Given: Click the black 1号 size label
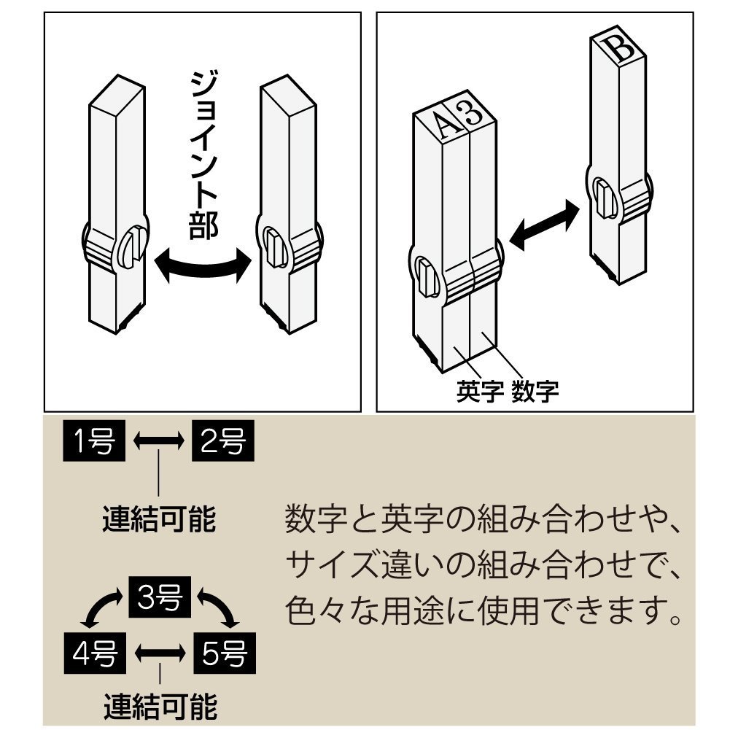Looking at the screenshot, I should [95, 440].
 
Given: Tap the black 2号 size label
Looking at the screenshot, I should [222, 440].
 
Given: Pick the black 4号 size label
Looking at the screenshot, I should [95, 651].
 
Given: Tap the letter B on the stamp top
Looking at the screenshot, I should [620, 50].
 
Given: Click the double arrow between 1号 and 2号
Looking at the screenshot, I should [158, 441].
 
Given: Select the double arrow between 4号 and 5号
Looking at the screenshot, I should [158, 651].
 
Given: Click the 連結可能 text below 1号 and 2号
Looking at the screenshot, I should [158, 519].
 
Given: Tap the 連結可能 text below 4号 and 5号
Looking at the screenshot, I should [158, 705].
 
